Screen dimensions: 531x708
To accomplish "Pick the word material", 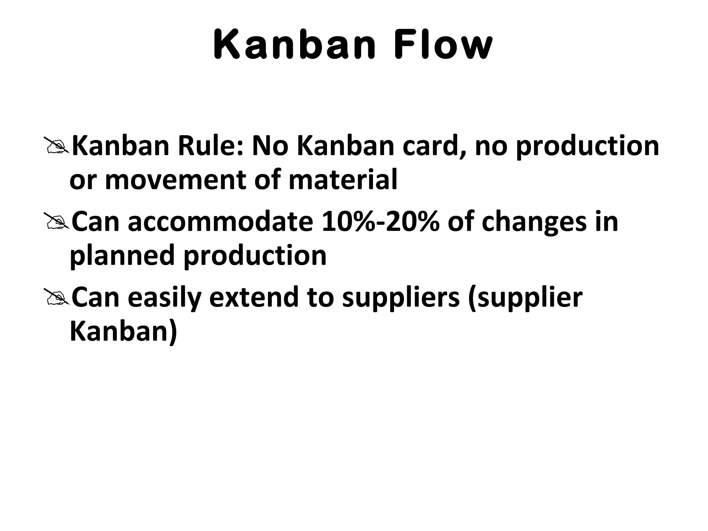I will coord(343,180).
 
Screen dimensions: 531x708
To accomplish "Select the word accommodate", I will coord(220,222).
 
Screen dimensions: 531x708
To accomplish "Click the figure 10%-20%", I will coord(381,222).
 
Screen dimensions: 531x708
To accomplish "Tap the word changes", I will coord(534,222).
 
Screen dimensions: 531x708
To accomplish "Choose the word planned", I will coord(122,256).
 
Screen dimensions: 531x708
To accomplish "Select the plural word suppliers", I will coord(401,298).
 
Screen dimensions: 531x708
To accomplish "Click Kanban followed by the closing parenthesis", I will coord(123,332).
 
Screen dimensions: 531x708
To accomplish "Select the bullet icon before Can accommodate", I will coord(56,222).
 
